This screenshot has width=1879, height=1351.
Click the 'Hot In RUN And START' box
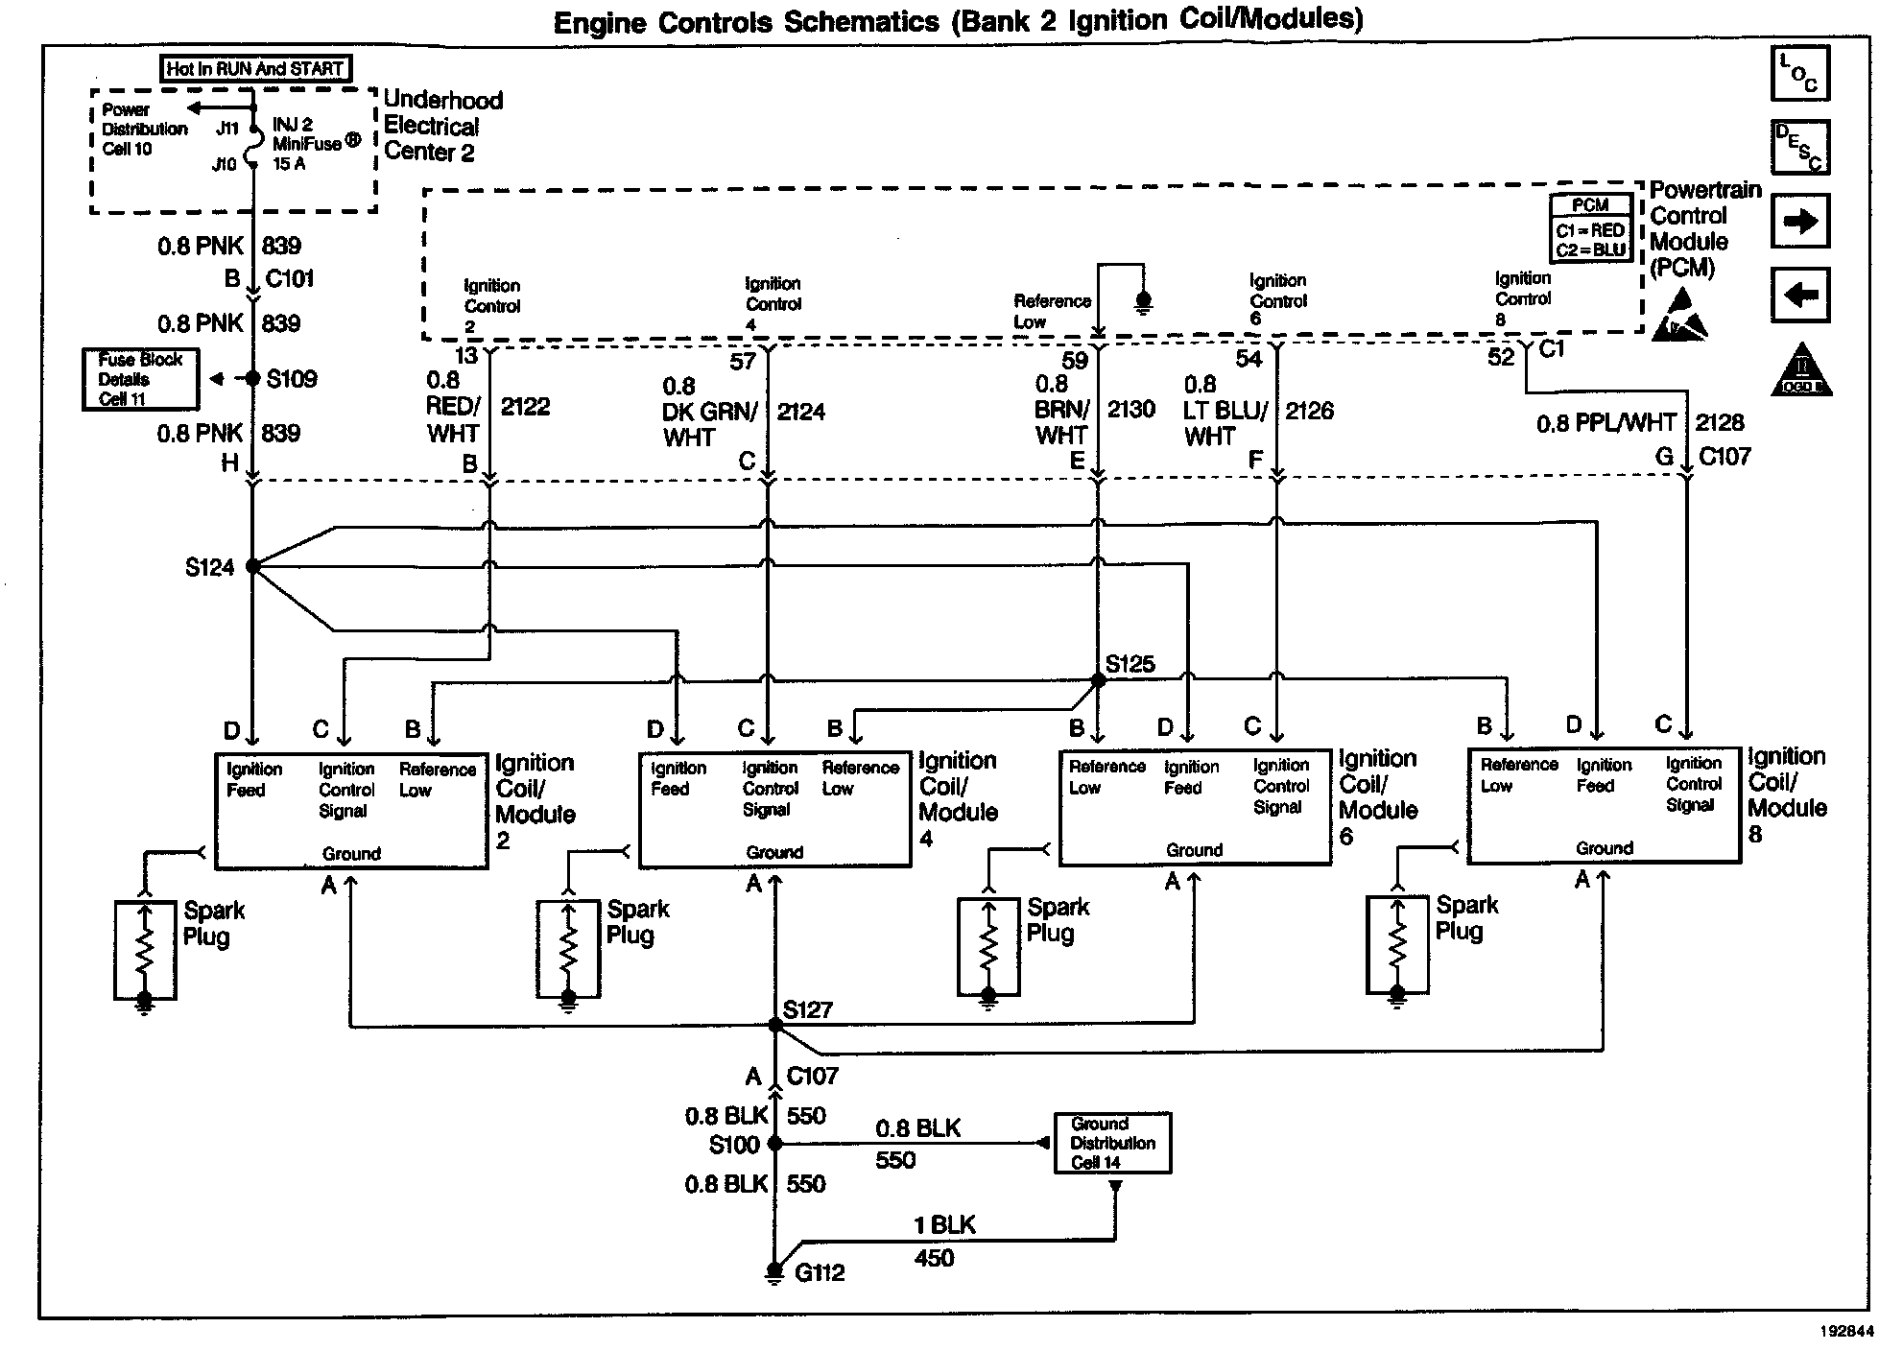[255, 68]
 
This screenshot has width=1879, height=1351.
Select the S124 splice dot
[253, 566]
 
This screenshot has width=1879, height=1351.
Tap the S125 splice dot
[1099, 680]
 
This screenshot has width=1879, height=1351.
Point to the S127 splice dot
[775, 1026]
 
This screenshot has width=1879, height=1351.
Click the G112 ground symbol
[773, 1271]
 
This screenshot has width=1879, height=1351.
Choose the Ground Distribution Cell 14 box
[1112, 1143]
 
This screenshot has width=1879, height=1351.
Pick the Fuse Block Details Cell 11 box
[140, 379]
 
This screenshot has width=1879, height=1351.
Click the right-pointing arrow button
[1799, 222]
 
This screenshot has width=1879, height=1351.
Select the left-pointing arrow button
[1799, 294]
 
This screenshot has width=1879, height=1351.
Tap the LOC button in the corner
[1799, 73]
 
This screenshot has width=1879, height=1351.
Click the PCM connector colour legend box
[1590, 228]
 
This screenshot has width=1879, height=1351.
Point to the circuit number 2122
[525, 407]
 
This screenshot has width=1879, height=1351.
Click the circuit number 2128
[1720, 422]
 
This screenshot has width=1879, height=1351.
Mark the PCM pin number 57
[743, 362]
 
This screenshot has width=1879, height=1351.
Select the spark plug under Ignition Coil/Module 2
[145, 951]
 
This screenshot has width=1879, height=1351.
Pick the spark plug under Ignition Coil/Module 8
[1397, 946]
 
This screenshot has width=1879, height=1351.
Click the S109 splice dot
[253, 379]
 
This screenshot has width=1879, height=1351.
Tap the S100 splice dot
[775, 1144]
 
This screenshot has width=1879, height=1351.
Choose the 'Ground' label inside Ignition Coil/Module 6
[1194, 850]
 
